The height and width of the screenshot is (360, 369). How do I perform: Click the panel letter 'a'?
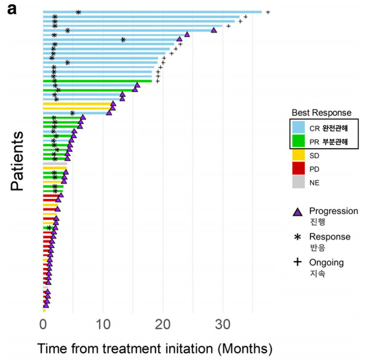pos(12,10)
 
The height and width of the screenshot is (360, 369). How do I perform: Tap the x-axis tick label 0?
pos(43,324)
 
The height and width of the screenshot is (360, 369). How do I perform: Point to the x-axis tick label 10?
pos(103,324)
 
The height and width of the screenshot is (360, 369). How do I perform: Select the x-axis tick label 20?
pos(162,324)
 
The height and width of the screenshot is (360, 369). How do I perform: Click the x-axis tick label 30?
pos(223,324)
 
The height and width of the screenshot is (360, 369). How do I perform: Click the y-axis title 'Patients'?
pos(17,161)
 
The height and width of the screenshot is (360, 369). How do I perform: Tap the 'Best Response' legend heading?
pos(322,112)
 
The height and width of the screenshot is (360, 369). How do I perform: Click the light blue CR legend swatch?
pos(298,127)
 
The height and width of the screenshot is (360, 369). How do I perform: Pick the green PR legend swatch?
pos(298,141)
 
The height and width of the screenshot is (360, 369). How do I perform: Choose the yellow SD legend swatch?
pos(298,154)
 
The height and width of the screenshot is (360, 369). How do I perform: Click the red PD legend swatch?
pos(298,168)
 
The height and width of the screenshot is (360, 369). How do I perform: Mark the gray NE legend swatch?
pos(298,182)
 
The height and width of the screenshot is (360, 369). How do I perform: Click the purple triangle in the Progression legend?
pos(298,212)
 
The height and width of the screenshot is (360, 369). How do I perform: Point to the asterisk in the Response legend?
pos(298,237)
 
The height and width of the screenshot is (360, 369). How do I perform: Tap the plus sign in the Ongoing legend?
pos(298,262)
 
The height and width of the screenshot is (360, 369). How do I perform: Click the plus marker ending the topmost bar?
pos(268,12)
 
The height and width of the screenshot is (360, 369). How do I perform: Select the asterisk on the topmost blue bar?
pos(78,12)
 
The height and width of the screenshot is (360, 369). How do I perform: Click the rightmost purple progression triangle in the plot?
pos(213,30)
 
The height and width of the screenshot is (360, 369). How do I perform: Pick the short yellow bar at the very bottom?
pos(44,310)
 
